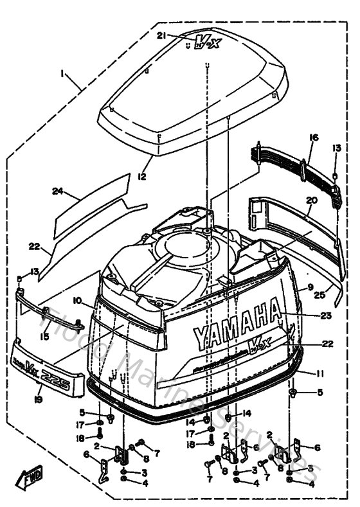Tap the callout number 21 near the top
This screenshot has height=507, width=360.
162,35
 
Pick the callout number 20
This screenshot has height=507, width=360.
311,200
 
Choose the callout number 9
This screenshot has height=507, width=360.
310,287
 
